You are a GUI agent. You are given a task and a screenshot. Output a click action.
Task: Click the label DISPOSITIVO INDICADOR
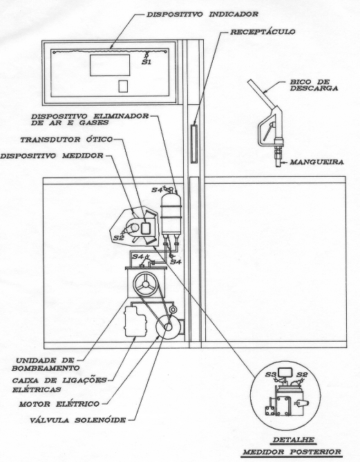(202, 14)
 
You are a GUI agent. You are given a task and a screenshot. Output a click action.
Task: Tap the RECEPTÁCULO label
(263, 32)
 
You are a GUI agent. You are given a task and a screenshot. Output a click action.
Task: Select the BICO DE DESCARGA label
(314, 85)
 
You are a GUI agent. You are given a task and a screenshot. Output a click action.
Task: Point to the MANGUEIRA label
(316, 162)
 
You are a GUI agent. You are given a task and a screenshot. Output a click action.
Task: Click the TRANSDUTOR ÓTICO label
(66, 139)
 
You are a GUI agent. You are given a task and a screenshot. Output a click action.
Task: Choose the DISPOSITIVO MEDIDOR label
(52, 155)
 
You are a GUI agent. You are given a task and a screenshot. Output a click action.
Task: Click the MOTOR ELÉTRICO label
(59, 404)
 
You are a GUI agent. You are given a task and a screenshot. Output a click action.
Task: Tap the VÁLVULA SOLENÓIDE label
(78, 420)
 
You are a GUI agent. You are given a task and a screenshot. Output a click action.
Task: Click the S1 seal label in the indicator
(146, 62)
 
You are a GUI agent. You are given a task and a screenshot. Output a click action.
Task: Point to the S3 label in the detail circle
(270, 374)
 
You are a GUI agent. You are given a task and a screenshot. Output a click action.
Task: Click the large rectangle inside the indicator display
(110, 65)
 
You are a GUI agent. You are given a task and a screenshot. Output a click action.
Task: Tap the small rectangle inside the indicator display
(123, 86)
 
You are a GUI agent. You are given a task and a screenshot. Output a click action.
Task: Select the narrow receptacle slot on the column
(193, 144)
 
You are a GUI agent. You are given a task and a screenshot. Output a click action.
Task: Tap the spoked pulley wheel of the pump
(146, 284)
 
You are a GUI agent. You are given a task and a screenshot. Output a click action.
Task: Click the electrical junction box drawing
(135, 321)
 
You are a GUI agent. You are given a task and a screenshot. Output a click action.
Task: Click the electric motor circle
(168, 327)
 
